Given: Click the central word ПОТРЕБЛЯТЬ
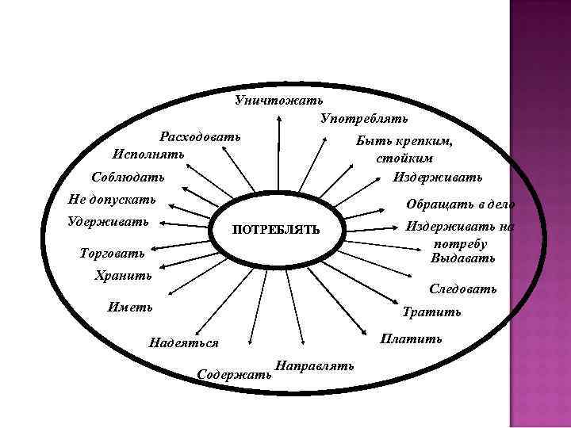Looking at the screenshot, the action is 275,230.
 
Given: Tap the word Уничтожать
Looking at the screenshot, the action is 278,101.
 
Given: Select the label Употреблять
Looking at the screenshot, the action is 364,118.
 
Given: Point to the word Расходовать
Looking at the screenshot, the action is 200,136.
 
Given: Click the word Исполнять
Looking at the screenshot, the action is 148,152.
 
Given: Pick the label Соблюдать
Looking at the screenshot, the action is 128,175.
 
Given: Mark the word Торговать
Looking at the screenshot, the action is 113,254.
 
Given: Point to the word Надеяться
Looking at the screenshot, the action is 183,342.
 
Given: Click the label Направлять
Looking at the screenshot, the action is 314,365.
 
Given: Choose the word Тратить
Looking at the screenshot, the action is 431,311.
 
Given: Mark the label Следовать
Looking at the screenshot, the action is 463,289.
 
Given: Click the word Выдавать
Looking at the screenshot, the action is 463,258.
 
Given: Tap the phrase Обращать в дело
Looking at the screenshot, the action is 460,204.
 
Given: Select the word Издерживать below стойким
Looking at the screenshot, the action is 437,175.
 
